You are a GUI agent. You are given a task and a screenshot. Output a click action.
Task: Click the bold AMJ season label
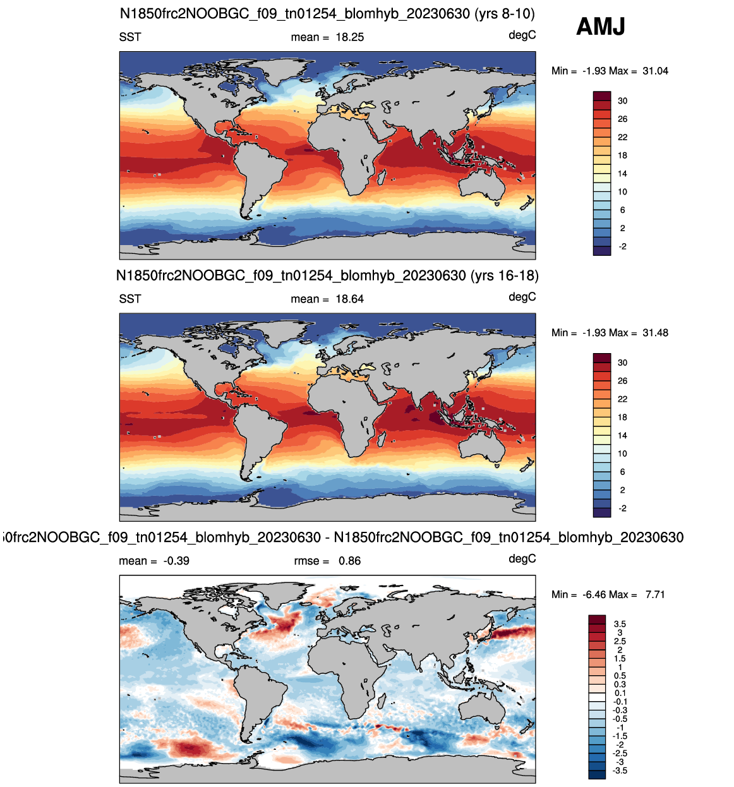[x=600, y=27]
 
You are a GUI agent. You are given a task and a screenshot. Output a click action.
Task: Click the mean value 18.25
[x=349, y=37]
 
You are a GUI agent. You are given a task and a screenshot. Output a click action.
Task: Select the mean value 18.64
[x=349, y=299]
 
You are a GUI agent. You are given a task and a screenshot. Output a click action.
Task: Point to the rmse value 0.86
[x=349, y=561]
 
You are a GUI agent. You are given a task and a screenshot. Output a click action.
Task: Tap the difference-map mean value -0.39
[x=176, y=561]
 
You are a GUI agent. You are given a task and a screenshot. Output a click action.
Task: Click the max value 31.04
[x=655, y=71]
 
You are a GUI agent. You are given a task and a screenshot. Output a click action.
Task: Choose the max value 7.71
[x=655, y=594]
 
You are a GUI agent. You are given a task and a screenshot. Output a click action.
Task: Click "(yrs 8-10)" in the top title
[x=503, y=14]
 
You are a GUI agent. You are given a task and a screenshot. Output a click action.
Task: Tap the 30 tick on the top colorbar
[x=622, y=100]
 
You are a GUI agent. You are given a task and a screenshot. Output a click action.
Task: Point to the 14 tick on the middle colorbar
[x=622, y=436]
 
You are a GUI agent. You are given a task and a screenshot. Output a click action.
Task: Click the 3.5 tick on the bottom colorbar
[x=620, y=624]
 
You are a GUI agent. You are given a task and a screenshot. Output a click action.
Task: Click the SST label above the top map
[x=129, y=37]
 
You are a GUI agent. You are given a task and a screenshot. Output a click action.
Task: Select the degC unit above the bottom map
[x=522, y=559]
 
